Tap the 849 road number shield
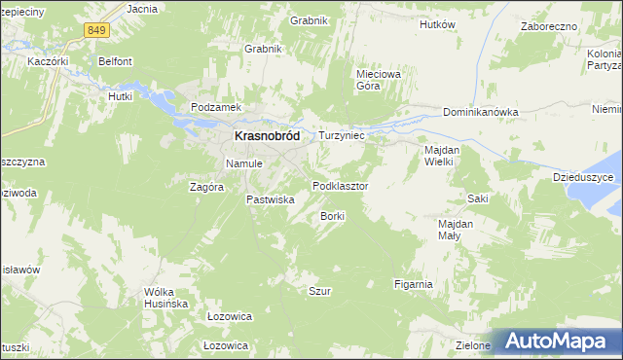point(95,31)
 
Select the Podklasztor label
point(340,185)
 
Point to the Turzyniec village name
point(342,137)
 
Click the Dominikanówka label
point(480,112)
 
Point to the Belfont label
point(115,60)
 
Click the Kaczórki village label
point(49,60)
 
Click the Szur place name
point(319,291)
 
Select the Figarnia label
point(413,284)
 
